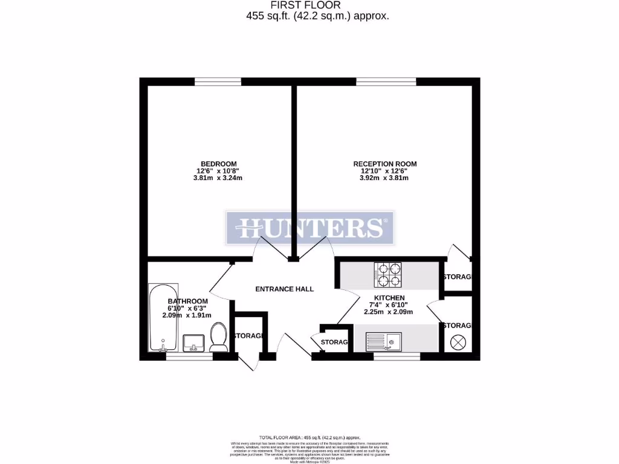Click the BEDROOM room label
(218, 164)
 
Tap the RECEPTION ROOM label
(384, 164)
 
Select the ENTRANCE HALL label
(284, 289)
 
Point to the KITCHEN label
(389, 298)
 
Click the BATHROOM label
(188, 301)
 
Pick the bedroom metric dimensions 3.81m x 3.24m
(218, 178)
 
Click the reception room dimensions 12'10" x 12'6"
(384, 171)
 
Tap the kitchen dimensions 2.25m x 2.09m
(389, 312)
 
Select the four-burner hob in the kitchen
(388, 274)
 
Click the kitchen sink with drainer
(383, 342)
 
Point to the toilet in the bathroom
(218, 337)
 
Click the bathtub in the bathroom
(164, 317)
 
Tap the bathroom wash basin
(194, 342)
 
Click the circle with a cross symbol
(458, 343)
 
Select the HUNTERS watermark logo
(309, 228)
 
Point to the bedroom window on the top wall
(218, 82)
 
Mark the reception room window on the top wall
(386, 82)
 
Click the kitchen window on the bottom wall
(397, 356)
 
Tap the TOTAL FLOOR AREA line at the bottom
(309, 437)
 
